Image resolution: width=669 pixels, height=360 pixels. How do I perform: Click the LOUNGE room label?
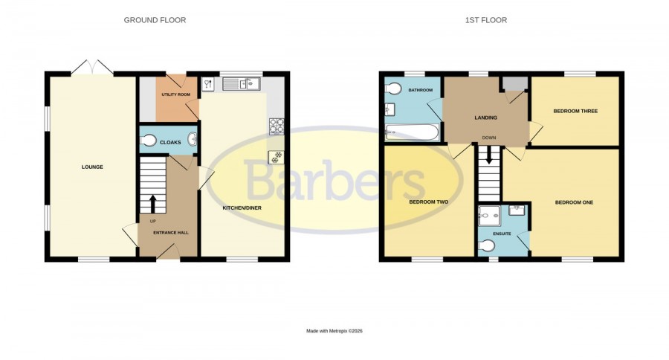point(92,167)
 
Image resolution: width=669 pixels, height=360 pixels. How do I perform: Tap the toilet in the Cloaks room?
point(148,141)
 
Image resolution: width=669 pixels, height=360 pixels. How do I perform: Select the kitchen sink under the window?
point(241,84)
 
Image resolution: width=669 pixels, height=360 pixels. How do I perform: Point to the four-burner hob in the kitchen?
point(277,126)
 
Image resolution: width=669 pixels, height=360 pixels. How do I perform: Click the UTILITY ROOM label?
point(175,94)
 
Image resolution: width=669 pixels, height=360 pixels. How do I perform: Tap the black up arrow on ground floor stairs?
point(152,204)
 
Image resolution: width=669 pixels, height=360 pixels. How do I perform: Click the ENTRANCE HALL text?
point(171,233)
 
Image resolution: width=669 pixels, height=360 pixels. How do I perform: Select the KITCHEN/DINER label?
point(242,208)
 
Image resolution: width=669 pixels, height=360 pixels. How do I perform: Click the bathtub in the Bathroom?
point(412,132)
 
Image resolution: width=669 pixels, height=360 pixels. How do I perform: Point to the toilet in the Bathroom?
point(393,89)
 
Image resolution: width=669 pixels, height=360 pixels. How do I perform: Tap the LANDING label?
point(486,118)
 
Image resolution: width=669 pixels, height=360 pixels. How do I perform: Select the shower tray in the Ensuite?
point(489,216)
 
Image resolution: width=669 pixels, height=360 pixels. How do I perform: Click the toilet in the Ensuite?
point(487,245)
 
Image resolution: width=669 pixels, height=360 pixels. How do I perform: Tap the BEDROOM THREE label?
point(575,111)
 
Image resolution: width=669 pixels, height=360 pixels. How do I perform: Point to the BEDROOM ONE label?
point(575,202)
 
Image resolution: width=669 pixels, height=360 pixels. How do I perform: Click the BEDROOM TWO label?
point(429,202)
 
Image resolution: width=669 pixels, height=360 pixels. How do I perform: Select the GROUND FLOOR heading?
point(155,20)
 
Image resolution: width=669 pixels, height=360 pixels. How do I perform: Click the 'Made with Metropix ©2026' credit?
point(334,331)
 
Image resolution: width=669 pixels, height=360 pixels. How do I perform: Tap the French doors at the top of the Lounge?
point(92,68)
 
